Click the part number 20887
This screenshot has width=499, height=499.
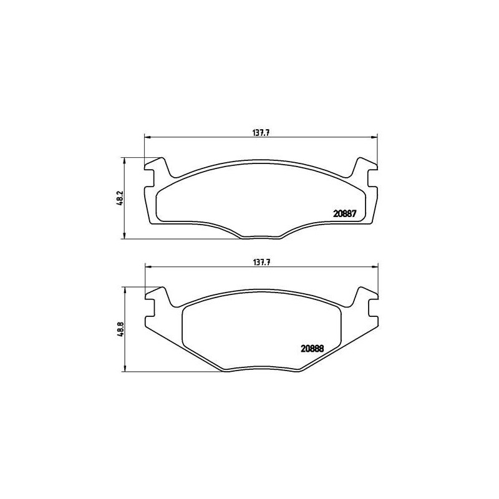(344, 213)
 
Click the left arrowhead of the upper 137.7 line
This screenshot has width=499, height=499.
(147, 137)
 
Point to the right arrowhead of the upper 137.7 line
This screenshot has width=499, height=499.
(376, 137)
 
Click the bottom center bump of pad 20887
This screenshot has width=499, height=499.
(261, 236)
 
